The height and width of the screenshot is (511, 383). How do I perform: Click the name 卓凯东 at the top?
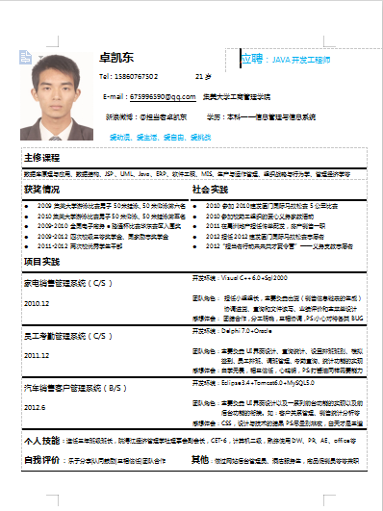tap(117, 59)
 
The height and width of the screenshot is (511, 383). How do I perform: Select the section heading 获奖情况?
tap(41, 190)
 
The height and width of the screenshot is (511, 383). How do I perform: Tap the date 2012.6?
tap(35, 407)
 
